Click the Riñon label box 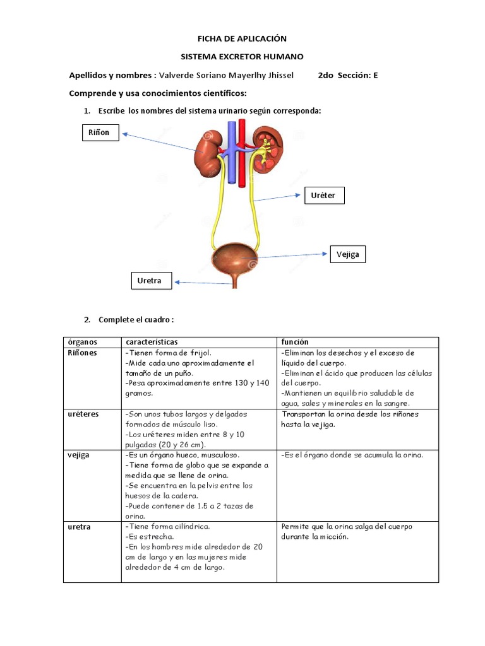[x=100, y=132]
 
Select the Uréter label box [x=323, y=196]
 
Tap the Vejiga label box [x=347, y=254]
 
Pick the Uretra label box [x=150, y=281]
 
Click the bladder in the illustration [x=234, y=259]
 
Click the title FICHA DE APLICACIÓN [x=242, y=39]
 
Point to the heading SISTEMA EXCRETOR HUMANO [x=242, y=57]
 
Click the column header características [x=152, y=342]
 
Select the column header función [x=295, y=342]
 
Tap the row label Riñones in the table [x=82, y=353]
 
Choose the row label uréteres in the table [x=83, y=414]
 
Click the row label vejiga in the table [x=80, y=455]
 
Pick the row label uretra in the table [x=79, y=527]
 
